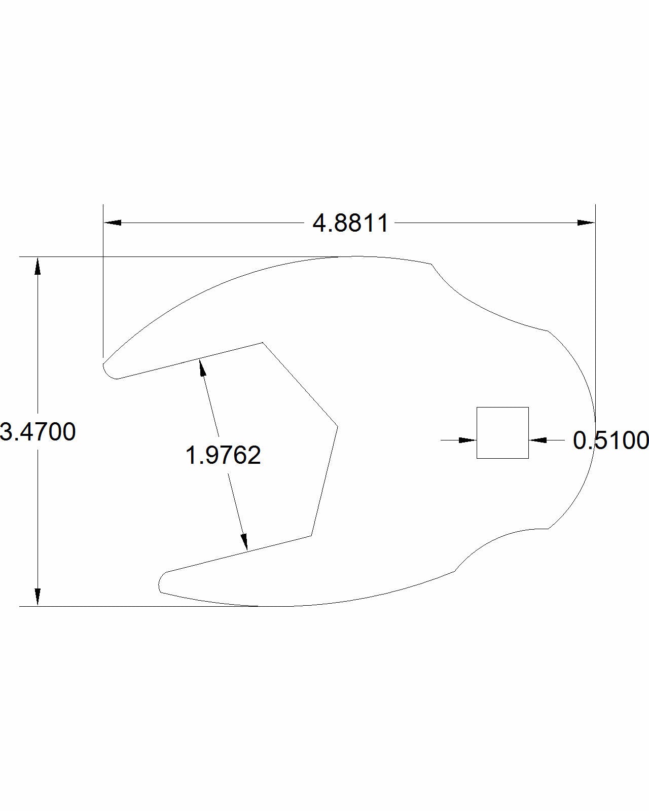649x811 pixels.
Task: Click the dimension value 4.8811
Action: tap(350, 223)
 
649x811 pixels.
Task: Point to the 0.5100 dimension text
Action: tap(610, 440)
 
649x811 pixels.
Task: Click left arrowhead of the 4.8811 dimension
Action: tap(113, 223)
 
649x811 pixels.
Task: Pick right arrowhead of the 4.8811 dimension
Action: tap(586, 223)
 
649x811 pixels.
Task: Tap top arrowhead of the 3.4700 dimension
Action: tap(38, 266)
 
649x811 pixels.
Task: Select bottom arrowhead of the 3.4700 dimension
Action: tap(38, 597)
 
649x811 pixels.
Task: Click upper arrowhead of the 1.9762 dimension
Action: tap(202, 367)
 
